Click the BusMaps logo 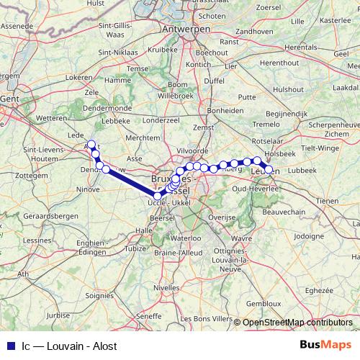(x=325, y=346)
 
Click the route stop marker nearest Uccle (x=158, y=195)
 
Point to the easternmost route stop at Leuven (x=269, y=170)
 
